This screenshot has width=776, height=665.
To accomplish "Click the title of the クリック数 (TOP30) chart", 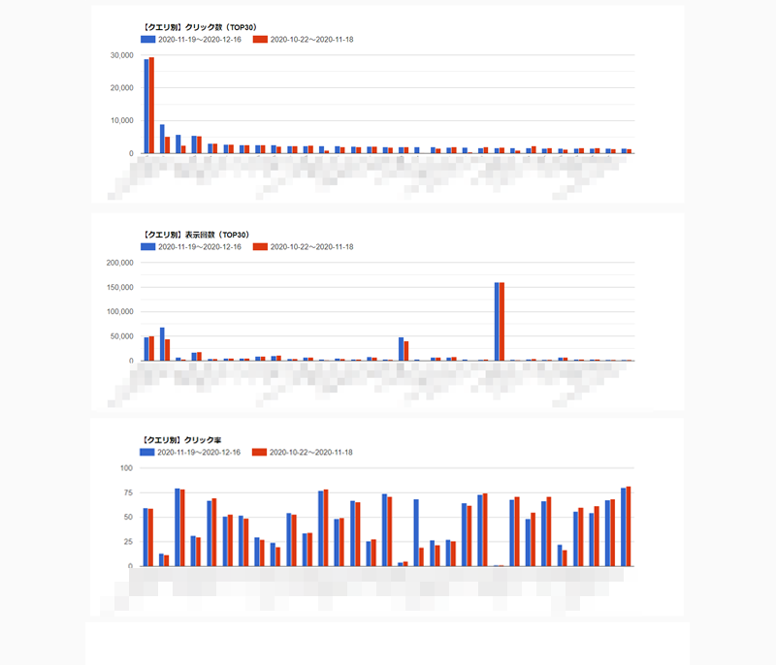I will point(200,26).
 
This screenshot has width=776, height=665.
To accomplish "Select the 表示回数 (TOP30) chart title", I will point(200,234).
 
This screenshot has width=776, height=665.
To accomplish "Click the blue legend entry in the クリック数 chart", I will point(190,40).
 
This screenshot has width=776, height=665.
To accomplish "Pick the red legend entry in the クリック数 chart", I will point(302,40).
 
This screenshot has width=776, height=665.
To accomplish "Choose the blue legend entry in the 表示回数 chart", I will point(190,247).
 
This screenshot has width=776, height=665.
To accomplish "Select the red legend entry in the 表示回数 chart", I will point(302,247).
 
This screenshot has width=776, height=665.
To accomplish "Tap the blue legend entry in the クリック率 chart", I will point(190,453).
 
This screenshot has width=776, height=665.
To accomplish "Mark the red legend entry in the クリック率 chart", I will point(302,453).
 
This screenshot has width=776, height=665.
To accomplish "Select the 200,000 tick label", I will point(118,263).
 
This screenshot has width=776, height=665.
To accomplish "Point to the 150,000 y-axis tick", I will point(118,288).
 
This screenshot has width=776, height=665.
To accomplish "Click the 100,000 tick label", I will point(118,312).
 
